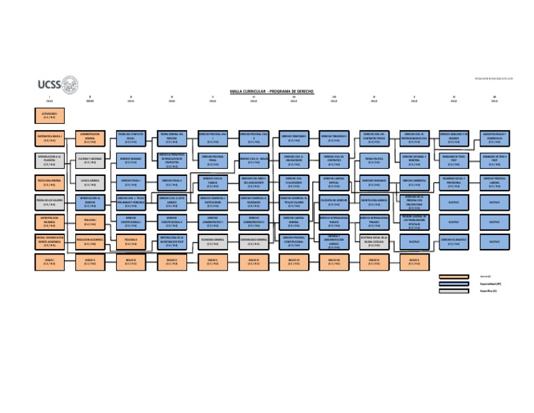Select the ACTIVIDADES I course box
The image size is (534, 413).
(49, 115)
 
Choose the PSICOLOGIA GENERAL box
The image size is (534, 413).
(49, 182)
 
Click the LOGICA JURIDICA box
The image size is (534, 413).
(90, 182)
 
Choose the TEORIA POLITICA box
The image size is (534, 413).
(374, 160)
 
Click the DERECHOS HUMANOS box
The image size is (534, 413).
(374, 182)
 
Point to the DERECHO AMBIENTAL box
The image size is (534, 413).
(414, 182)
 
